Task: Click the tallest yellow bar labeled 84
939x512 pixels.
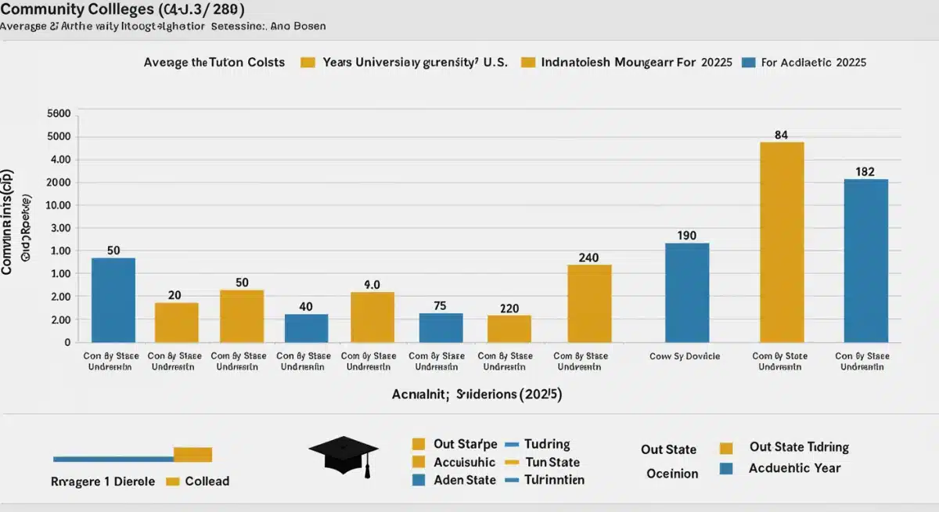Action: [782, 242]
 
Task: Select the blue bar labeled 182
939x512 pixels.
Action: [865, 261]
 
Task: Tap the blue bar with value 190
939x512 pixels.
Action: [687, 293]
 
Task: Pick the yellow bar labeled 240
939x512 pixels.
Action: [589, 303]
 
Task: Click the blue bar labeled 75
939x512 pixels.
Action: [441, 327]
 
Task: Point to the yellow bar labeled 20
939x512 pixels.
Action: [176, 323]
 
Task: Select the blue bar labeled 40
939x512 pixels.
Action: [306, 328]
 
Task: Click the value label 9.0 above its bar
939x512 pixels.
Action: [372, 285]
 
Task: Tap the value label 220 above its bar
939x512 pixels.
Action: [509, 308]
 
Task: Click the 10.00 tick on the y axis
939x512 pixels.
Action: [59, 205]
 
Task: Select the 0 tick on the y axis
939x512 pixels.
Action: [67, 342]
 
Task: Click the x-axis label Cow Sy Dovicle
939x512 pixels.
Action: [685, 355]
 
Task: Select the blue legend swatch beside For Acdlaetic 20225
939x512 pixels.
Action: [747, 63]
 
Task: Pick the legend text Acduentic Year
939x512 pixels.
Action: [794, 468]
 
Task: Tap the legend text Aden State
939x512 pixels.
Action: [464, 480]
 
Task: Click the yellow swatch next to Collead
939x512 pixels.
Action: [173, 481]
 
